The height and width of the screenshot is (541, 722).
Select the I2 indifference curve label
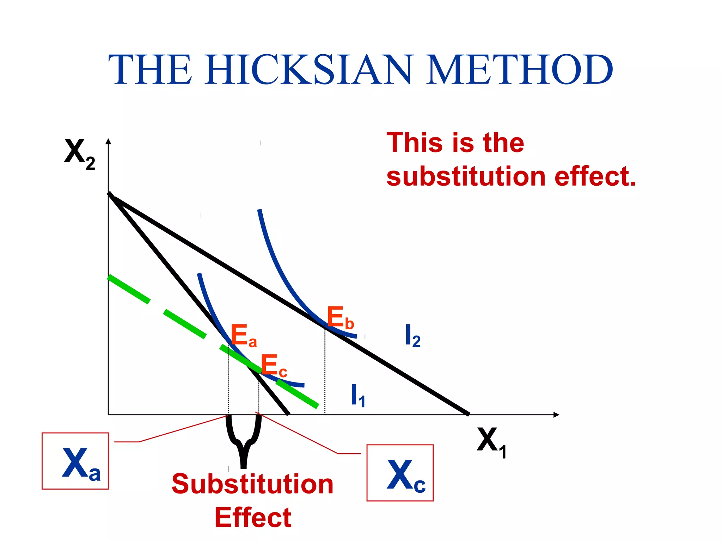[412, 336]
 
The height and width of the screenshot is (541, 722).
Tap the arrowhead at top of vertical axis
[109, 141]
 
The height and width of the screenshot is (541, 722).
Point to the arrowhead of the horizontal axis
[556, 415]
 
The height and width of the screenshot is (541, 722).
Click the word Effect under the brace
[253, 518]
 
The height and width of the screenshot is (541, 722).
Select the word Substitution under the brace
[252, 484]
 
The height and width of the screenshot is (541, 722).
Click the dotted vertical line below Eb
[325, 373]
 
